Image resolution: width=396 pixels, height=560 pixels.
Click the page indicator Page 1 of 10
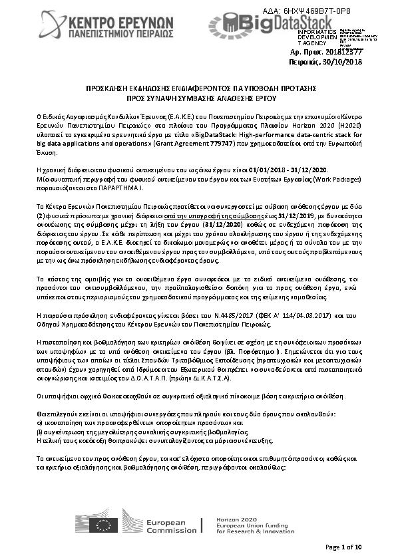click(x=343, y=547)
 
